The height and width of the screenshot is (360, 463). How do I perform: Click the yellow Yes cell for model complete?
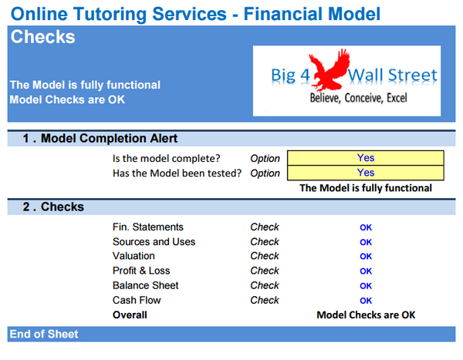pyautogui.click(x=365, y=158)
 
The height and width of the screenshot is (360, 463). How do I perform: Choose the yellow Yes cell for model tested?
pyautogui.click(x=365, y=173)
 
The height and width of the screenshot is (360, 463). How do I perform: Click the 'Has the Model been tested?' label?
pyautogui.click(x=177, y=173)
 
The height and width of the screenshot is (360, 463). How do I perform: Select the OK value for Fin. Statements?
pyautogui.click(x=366, y=227)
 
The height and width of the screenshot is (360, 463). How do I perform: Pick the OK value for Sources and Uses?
pyautogui.click(x=366, y=242)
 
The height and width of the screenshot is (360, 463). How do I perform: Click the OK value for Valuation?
pyautogui.click(x=366, y=257)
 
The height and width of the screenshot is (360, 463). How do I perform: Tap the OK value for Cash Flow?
pyautogui.click(x=366, y=301)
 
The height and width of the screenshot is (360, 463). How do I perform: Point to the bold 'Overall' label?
pyautogui.click(x=130, y=315)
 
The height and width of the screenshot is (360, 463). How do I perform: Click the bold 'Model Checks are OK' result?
pyautogui.click(x=366, y=315)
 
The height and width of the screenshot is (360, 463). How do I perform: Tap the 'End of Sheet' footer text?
pyautogui.click(x=43, y=334)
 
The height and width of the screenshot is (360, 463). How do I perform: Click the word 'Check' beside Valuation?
pyautogui.click(x=265, y=257)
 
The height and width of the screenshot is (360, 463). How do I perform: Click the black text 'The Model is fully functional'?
pyautogui.click(x=365, y=188)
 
